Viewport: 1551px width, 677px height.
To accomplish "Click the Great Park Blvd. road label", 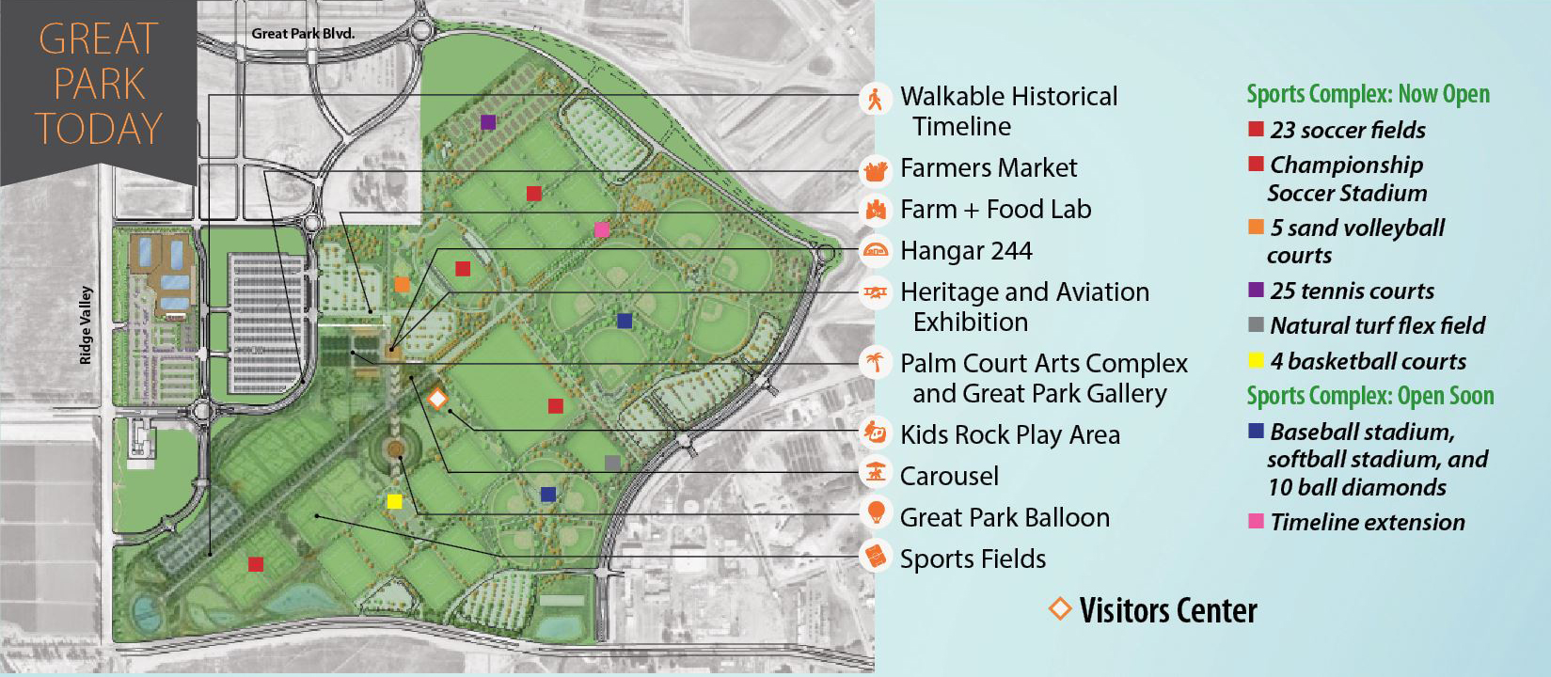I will point(303,34).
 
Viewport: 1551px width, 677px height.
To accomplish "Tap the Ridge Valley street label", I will point(86,325).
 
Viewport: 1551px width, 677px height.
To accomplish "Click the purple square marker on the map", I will point(487,122).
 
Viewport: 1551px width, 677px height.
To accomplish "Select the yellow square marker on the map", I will point(394,501).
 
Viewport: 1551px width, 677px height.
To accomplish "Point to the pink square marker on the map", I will point(602,229).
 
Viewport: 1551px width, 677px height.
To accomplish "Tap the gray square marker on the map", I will point(612,463).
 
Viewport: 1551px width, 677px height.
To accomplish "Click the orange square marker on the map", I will point(402,284).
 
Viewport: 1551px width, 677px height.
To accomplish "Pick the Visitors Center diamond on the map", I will point(436,398).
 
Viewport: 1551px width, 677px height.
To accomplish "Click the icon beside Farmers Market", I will point(876,170).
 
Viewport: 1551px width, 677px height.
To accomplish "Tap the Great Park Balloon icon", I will point(876,513).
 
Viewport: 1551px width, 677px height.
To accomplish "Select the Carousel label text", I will point(949,476).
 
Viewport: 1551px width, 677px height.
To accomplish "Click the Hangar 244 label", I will point(966,251).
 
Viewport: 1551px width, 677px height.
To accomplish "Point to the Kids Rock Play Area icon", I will point(876,433).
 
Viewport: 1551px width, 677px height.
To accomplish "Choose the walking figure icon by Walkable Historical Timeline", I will point(876,99).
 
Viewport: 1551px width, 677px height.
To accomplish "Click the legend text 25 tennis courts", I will point(1352,291).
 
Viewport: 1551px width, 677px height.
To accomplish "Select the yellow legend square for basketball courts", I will point(1256,360).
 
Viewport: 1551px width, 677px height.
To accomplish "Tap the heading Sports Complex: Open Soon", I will point(1369,396).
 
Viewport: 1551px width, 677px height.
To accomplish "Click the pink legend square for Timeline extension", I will point(1256,521).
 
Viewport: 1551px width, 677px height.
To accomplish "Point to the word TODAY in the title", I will point(99,129).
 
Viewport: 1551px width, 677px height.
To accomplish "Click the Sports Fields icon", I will point(876,557).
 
